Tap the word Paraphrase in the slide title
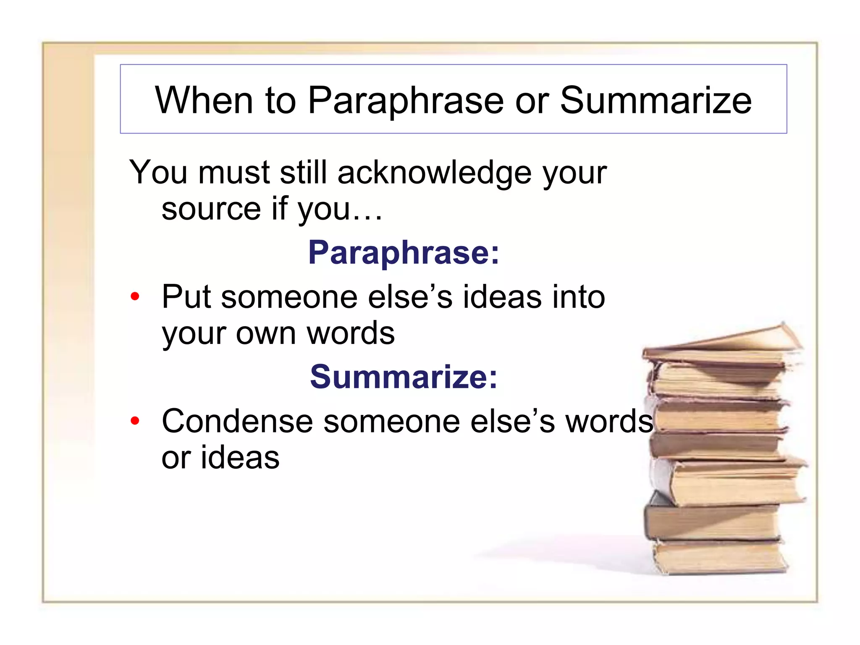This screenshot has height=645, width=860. point(406,101)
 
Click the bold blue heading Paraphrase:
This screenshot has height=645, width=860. point(404,252)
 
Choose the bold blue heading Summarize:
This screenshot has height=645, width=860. point(404,377)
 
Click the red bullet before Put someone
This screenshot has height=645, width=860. point(135,297)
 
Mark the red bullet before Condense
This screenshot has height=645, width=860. point(135,421)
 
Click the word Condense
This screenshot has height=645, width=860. point(237,421)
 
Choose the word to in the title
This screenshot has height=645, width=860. point(280,101)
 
